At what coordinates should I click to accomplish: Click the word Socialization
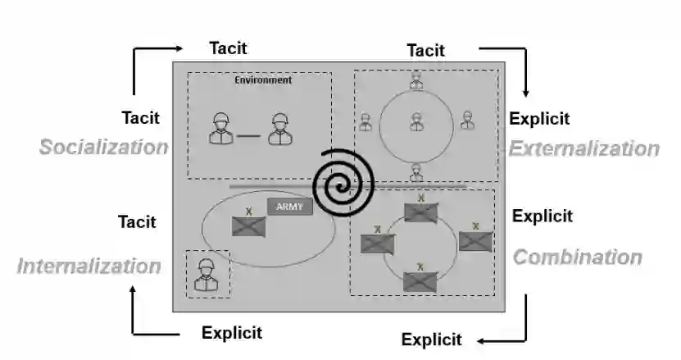coord(103,147)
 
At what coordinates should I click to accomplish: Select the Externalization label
coord(583,148)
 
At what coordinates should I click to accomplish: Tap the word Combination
coord(577,257)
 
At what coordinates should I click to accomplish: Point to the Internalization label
coord(89,266)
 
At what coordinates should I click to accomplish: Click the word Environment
coord(263,80)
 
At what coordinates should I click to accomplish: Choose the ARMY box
coord(289,207)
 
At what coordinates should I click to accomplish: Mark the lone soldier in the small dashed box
coord(207,275)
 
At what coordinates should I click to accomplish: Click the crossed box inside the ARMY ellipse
coord(248,226)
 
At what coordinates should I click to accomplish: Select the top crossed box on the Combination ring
coord(421,212)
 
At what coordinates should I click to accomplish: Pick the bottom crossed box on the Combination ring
coord(420,281)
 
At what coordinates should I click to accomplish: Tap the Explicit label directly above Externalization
coord(539,118)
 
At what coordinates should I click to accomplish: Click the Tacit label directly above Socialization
coord(141,117)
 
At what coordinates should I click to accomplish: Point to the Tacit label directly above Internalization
coord(137,221)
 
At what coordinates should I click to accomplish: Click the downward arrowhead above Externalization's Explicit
coord(525,93)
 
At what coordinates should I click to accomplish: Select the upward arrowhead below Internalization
coord(133,289)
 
